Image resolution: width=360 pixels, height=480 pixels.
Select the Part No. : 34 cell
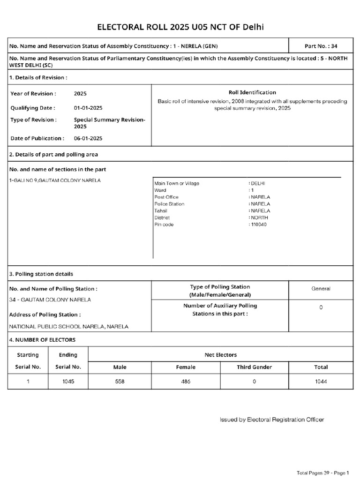(x=321, y=46)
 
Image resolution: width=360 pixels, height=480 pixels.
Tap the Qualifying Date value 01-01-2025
(x=88, y=108)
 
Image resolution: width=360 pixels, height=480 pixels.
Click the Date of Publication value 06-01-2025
(x=88, y=138)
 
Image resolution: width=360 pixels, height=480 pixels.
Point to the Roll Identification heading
(x=252, y=92)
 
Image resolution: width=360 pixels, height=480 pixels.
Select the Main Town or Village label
(x=176, y=183)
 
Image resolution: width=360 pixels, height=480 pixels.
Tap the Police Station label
(x=169, y=204)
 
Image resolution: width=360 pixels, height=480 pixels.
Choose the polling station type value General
(x=321, y=289)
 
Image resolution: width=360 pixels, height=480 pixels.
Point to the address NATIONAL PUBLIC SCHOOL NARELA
(x=68, y=326)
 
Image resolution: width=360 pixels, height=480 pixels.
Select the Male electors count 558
(x=120, y=382)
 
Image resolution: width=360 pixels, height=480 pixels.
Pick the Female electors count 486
(x=186, y=382)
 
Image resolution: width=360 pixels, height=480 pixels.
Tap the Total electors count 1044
(x=321, y=382)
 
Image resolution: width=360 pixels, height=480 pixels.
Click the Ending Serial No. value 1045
(x=68, y=382)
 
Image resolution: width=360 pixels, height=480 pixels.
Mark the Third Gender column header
(x=254, y=367)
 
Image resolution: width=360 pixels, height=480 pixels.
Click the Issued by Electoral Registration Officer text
(x=272, y=420)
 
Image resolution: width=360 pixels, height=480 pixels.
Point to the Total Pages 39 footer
(x=323, y=472)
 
